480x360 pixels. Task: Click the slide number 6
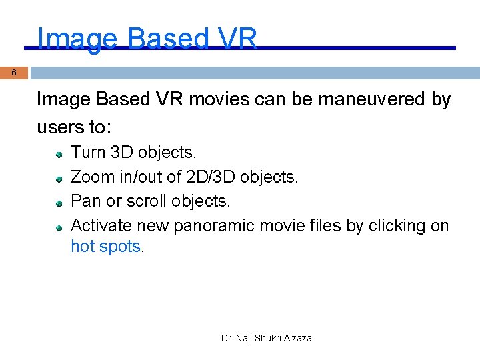pos(14,73)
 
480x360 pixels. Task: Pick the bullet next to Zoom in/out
pos(59,178)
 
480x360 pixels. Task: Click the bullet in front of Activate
pos(59,227)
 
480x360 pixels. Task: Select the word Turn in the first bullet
pos(89,153)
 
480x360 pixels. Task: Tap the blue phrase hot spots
pos(106,247)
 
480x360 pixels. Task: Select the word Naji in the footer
pos(245,339)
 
